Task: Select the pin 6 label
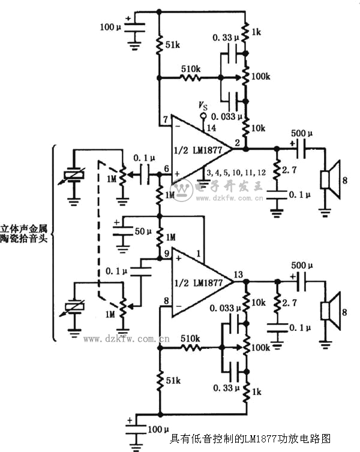(x=166, y=170)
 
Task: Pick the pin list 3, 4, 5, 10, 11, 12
(x=231, y=173)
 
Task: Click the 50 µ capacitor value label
(x=142, y=231)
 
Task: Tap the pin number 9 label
(x=166, y=254)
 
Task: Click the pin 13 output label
(x=238, y=275)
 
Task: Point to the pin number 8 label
(x=166, y=300)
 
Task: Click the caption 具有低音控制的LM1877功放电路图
(x=251, y=439)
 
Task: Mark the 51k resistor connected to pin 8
(x=160, y=381)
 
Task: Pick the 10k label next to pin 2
(x=259, y=129)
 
